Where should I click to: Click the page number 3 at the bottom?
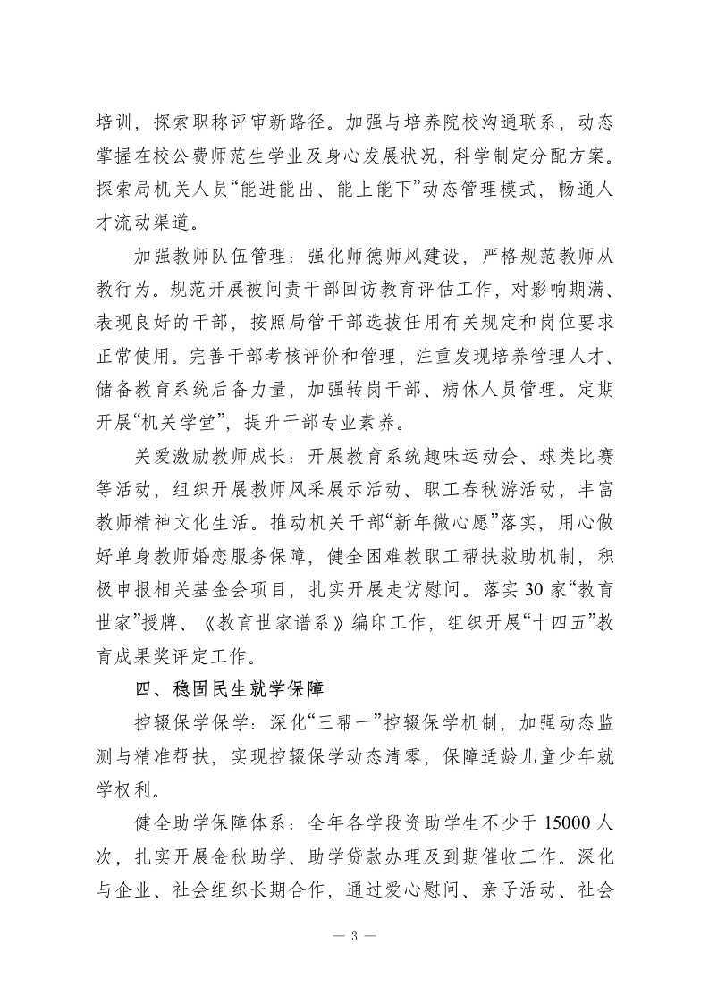click(355, 937)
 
